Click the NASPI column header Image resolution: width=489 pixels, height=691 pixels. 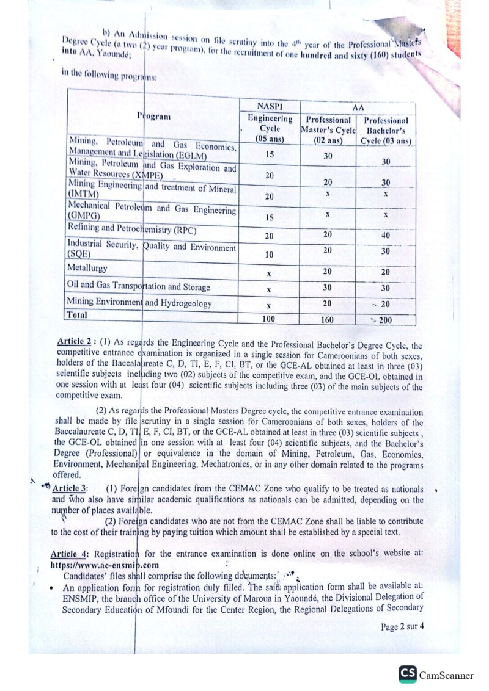(x=270, y=105)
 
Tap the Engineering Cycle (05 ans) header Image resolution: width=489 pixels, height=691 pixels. (x=270, y=129)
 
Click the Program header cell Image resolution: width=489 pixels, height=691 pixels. (x=154, y=116)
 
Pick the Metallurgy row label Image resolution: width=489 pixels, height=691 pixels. (x=87, y=268)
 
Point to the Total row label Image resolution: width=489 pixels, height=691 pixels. (x=78, y=316)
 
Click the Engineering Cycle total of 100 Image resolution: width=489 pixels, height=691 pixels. (x=269, y=319)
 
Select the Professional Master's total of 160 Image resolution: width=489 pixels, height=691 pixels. (x=328, y=319)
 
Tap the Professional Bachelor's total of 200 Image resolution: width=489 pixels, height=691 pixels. (x=386, y=320)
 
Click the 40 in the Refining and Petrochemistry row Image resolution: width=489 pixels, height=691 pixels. (x=386, y=235)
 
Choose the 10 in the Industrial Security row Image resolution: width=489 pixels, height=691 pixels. (x=269, y=254)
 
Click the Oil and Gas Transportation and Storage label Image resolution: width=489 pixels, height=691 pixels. (x=139, y=286)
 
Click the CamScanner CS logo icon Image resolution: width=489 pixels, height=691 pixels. (x=408, y=674)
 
